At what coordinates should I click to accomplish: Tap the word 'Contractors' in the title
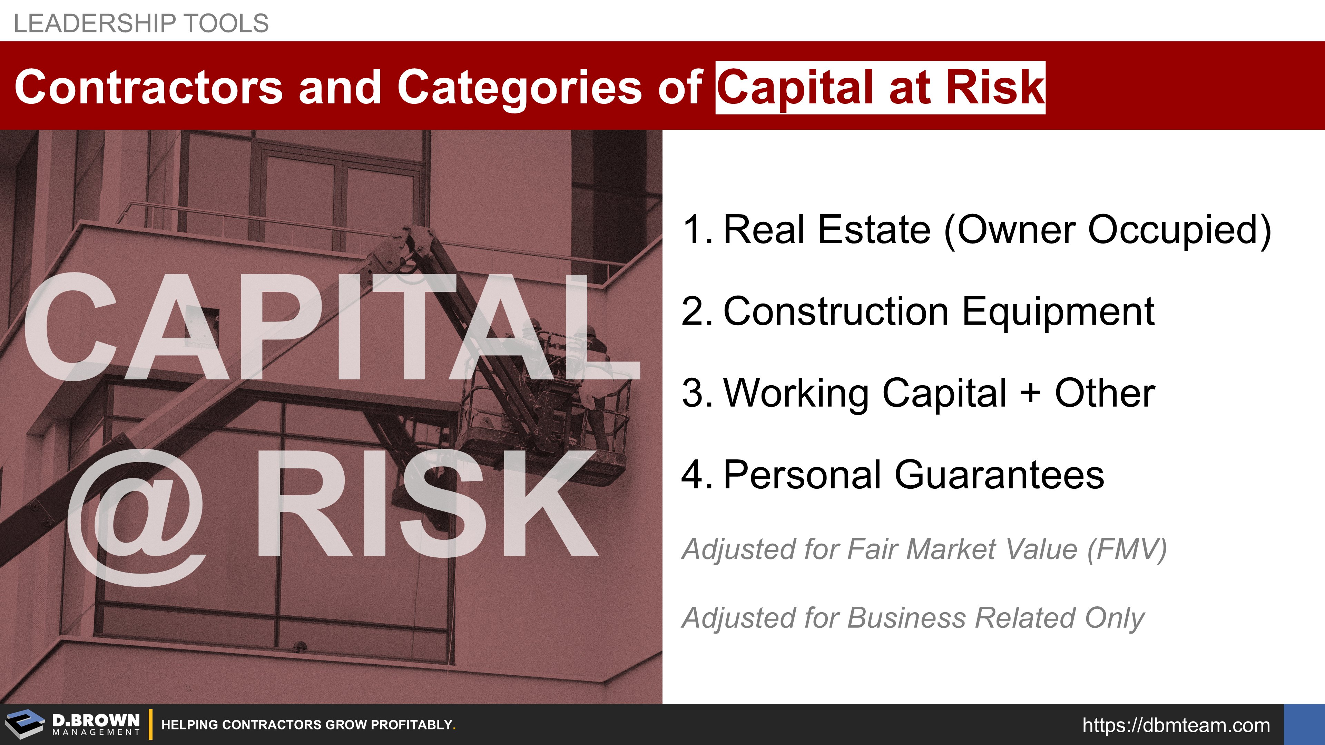click(x=149, y=87)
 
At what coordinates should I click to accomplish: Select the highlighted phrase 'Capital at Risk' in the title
click(x=880, y=87)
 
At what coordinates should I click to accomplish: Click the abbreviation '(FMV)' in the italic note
click(x=1127, y=549)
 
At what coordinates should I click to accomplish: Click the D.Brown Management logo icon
click(x=25, y=724)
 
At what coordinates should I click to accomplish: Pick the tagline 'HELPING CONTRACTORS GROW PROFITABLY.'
click(x=308, y=725)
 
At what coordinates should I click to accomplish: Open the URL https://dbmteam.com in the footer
click(x=1176, y=725)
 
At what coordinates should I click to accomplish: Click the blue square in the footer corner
click(x=1304, y=724)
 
